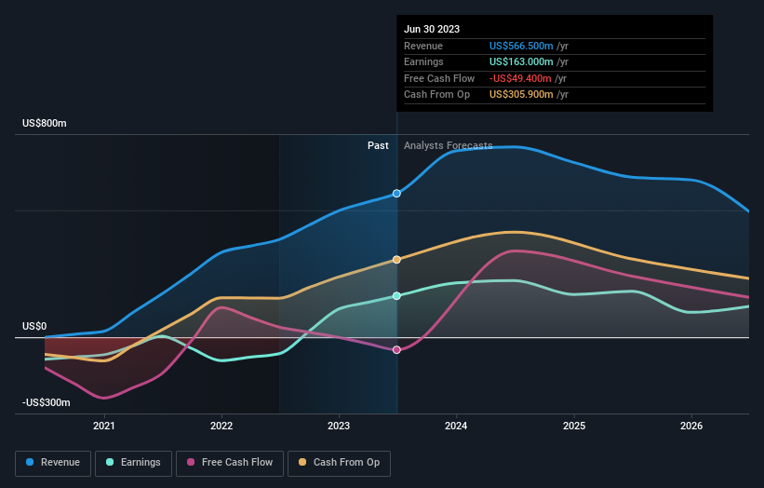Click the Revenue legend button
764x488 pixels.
pos(53,462)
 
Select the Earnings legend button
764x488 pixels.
pos(133,462)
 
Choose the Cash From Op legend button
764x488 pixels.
pos(339,462)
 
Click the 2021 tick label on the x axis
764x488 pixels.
pos(104,427)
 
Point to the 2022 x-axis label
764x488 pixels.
pos(221,427)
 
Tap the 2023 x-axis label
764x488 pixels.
pos(339,427)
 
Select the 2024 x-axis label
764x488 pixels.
pos(457,427)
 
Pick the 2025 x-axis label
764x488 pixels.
pos(574,427)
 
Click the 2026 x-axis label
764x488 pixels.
pos(691,427)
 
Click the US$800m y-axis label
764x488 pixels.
pos(45,124)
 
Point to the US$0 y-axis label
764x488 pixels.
pos(34,326)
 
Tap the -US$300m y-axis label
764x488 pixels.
pos(47,402)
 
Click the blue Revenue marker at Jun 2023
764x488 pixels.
pos(397,194)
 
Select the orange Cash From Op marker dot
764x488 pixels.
pos(397,260)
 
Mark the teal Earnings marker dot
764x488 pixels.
pos(397,296)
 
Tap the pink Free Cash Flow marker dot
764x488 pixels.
pos(397,350)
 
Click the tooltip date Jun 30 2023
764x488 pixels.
pos(432,30)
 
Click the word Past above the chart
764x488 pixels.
pos(378,145)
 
